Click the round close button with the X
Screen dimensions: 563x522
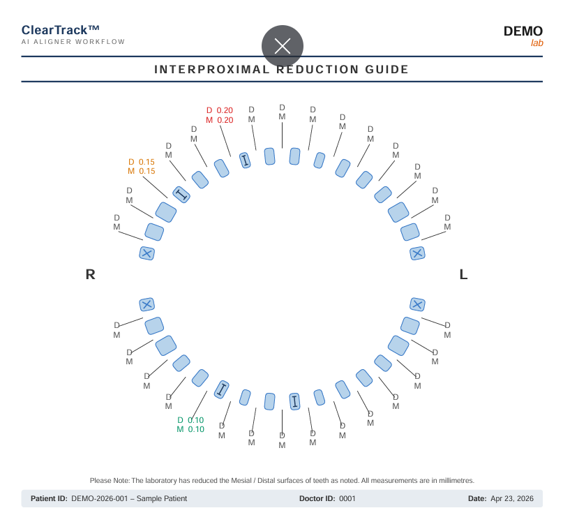pos(283,46)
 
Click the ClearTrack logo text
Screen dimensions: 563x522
pos(60,30)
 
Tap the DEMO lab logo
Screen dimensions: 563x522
pos(523,36)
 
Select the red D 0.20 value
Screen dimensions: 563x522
pos(220,110)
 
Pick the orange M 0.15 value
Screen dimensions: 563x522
pos(142,171)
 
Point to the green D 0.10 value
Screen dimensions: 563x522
pos(190,420)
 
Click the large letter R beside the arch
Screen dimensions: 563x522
pos(91,274)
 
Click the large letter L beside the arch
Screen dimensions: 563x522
pos(463,274)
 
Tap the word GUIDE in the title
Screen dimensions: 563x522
pos(386,69)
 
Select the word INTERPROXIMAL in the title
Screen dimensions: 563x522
pos(212,69)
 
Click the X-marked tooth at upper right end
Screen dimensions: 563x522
pos(417,253)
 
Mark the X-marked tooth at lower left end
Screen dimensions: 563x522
pos(147,305)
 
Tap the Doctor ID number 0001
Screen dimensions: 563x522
pos(347,499)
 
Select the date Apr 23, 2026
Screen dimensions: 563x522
pos(512,499)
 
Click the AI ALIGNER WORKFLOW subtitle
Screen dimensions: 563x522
pos(73,42)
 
